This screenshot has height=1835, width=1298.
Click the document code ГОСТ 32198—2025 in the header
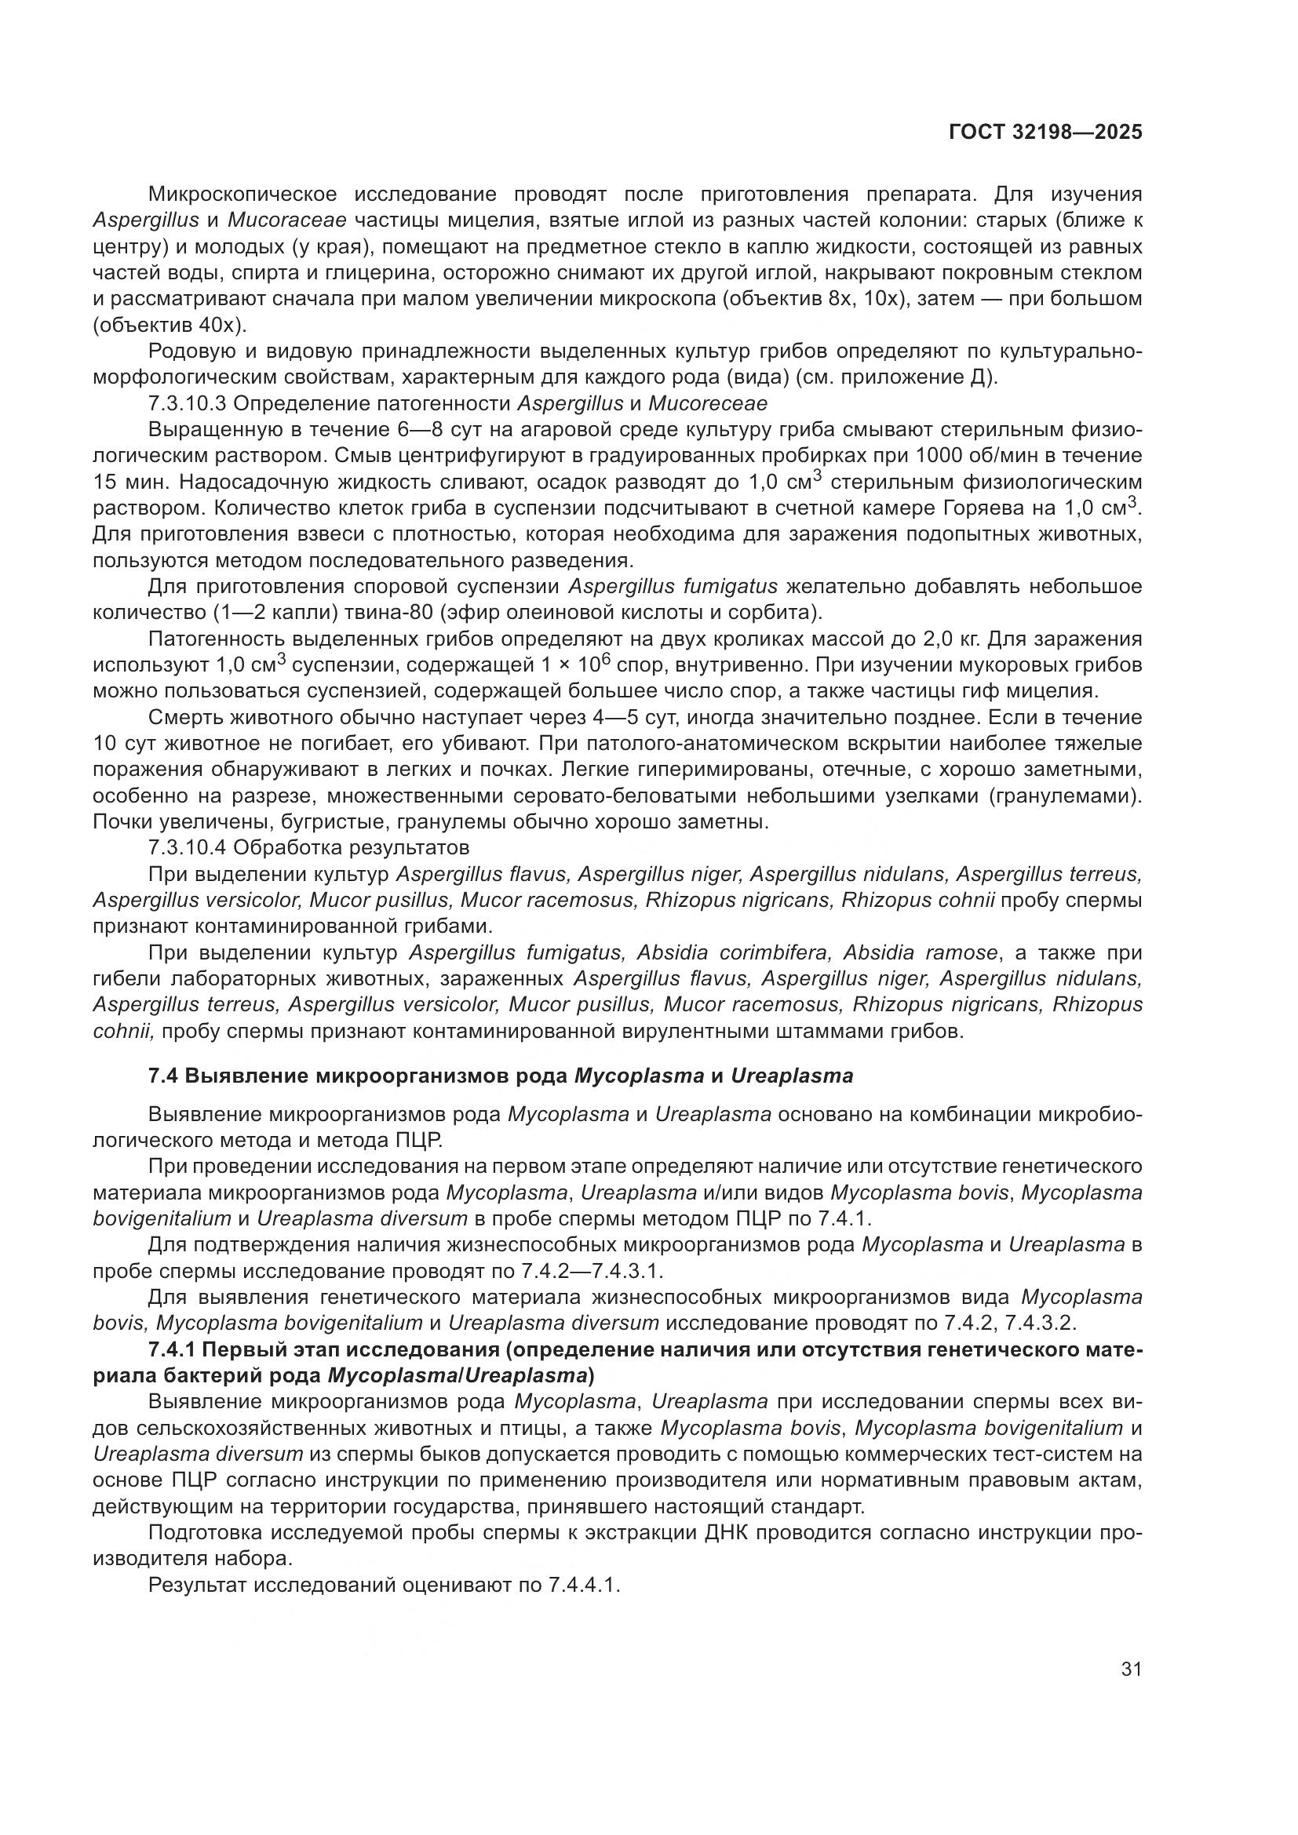click(1045, 133)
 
